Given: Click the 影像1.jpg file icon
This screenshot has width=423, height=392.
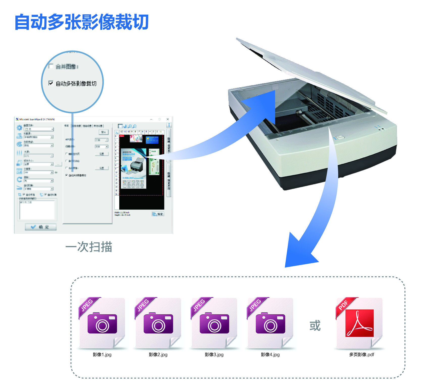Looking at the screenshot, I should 102,323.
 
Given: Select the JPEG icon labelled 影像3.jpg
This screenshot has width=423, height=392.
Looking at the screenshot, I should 214,323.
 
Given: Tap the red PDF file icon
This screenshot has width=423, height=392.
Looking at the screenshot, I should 359,323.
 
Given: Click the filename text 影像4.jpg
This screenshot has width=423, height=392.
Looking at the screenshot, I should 270,355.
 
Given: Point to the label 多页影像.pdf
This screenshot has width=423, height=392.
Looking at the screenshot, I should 362,355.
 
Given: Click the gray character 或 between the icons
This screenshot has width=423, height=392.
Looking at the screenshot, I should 315,326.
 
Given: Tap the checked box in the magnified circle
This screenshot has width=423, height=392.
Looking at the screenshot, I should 51,83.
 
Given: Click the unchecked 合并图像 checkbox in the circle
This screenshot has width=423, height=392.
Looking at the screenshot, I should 51,66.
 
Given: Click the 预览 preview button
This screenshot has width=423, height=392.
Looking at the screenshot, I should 158,214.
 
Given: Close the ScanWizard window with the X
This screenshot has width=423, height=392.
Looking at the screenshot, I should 168,119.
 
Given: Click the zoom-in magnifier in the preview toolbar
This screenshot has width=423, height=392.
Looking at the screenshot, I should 130,126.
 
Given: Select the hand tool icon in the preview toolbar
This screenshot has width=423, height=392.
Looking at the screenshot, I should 126,126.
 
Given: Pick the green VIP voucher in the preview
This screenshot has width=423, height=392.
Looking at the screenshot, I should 154,162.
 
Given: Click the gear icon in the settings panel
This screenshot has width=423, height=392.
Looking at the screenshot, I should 19,128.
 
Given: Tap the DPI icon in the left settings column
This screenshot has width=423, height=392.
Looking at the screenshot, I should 19,171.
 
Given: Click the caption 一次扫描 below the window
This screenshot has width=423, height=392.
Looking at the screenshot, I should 89,247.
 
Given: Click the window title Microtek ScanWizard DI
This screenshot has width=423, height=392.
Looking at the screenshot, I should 37,119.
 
